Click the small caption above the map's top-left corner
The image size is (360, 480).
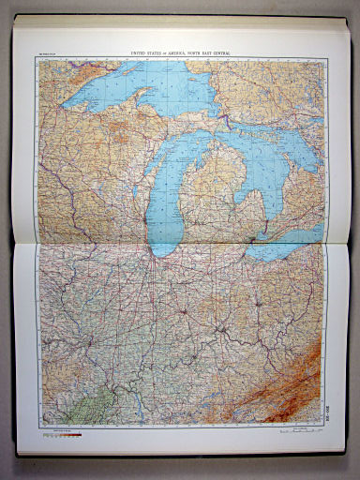tap(47, 55)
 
